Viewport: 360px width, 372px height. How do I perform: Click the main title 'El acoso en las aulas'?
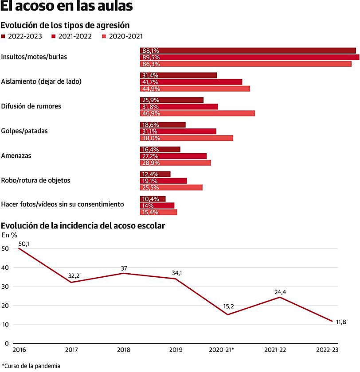pyautogui.click(x=66, y=8)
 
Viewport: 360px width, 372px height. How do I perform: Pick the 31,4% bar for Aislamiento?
pyautogui.click(x=179, y=75)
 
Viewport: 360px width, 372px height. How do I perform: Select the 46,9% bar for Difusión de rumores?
pyautogui.click(x=198, y=113)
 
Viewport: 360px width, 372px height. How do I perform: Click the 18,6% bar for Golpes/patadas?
pyautogui.click(x=163, y=125)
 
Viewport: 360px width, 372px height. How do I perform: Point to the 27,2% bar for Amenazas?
pyautogui.click(x=173, y=156)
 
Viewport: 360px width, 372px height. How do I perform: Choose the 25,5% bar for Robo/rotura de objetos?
pyautogui.click(x=171, y=187)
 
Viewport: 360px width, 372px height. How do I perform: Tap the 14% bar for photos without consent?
pyautogui.click(x=157, y=205)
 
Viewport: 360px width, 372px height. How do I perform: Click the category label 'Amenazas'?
pyautogui.click(x=16, y=156)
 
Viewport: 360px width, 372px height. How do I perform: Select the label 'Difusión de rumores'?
pyautogui.click(x=31, y=106)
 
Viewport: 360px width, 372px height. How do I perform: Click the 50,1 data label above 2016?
pyautogui.click(x=23, y=244)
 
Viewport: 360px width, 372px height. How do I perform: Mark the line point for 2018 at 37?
pyautogui.click(x=124, y=273)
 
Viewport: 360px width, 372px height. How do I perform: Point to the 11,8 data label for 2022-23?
pyautogui.click(x=341, y=322)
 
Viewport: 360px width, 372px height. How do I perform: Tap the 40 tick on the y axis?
pyautogui.click(x=5, y=267)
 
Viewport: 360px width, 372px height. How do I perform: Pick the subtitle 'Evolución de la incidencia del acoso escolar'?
pyautogui.click(x=83, y=226)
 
